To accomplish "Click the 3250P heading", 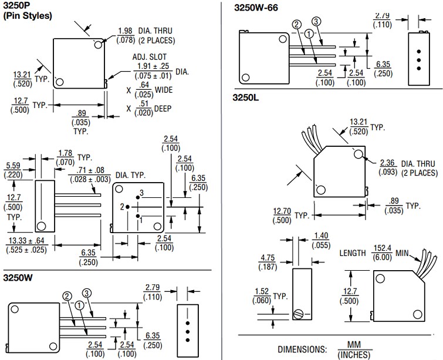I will (19, 6).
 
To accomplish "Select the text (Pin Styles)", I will (28, 16).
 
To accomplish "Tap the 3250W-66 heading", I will (256, 8).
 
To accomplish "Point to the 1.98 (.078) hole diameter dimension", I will (124, 34).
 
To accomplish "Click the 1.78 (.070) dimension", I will (65, 156).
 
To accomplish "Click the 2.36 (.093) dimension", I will (388, 167).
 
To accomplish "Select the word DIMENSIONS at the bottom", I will (303, 349).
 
